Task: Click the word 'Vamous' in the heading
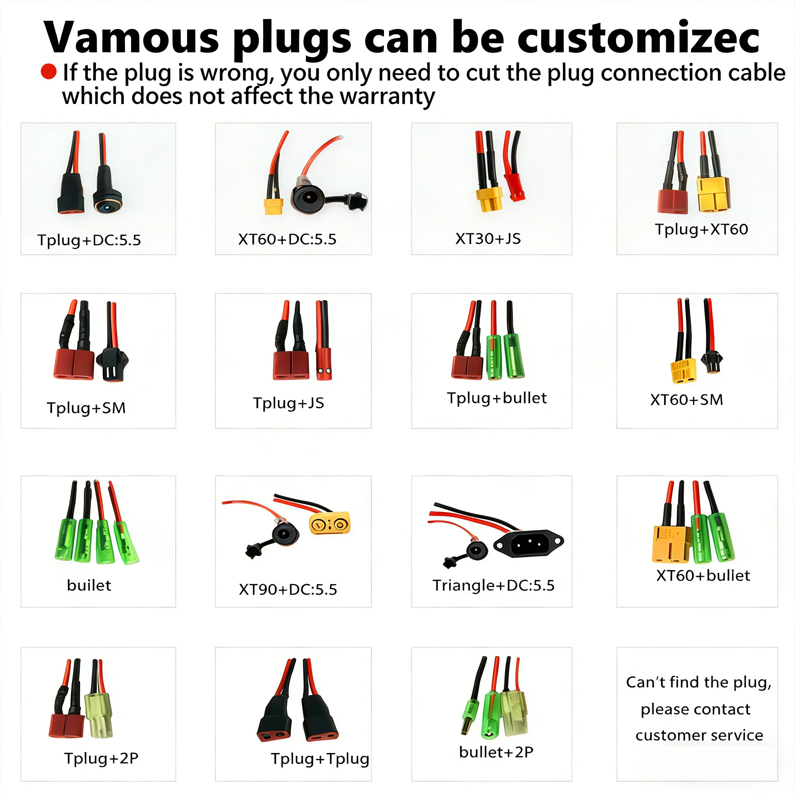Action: pos(131,38)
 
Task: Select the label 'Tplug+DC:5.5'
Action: pos(89,240)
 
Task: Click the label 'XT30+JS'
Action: pos(488,239)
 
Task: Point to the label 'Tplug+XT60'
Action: pos(701,229)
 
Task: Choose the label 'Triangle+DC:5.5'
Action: pos(493,585)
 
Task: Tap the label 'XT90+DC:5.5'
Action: pos(288,590)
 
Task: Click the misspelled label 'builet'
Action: pos(89,585)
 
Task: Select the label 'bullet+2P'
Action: pos(496,752)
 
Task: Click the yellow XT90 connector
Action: pos(330,522)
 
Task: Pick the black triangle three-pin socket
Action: pos(528,543)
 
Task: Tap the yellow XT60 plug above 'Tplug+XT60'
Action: pos(713,194)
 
